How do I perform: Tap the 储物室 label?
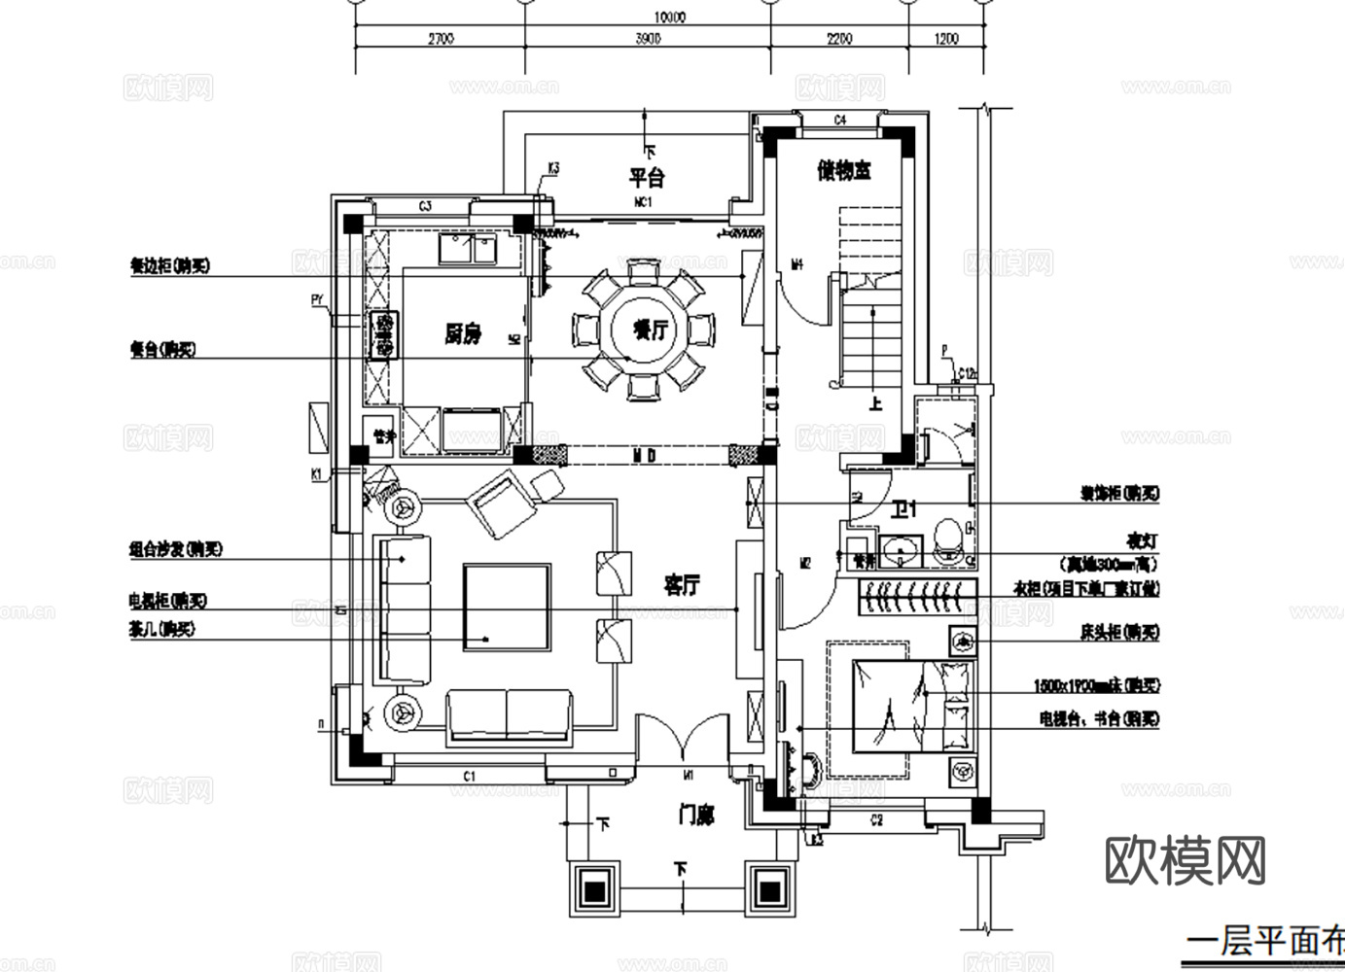pyautogui.click(x=843, y=171)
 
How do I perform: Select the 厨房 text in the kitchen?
pyautogui.click(x=463, y=334)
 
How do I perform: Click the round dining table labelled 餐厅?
pyautogui.click(x=643, y=330)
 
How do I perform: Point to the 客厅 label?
pyautogui.click(x=681, y=585)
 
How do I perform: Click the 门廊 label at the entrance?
pyautogui.click(x=696, y=816)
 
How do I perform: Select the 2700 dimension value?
pyautogui.click(x=440, y=39)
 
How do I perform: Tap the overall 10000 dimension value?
pyautogui.click(x=669, y=17)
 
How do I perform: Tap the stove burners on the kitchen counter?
pyautogui.click(x=383, y=334)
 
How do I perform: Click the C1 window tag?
pyautogui.click(x=469, y=776)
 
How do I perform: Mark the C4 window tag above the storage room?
pyautogui.click(x=840, y=120)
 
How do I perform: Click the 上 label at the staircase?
pyautogui.click(x=875, y=402)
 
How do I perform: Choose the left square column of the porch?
pyautogui.click(x=594, y=887)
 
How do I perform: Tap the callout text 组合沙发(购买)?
pyautogui.click(x=176, y=549)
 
